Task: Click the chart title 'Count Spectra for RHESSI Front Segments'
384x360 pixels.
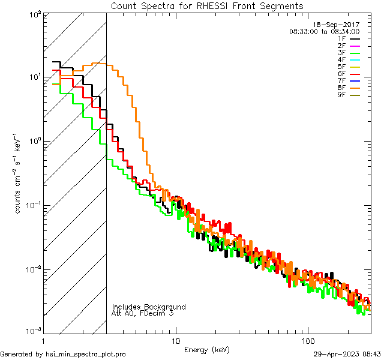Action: click(x=207, y=5)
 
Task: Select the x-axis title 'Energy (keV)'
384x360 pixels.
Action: click(x=207, y=349)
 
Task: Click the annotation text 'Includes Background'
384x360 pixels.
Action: click(x=149, y=307)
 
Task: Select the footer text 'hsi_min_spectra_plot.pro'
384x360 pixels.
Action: click(x=86, y=354)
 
